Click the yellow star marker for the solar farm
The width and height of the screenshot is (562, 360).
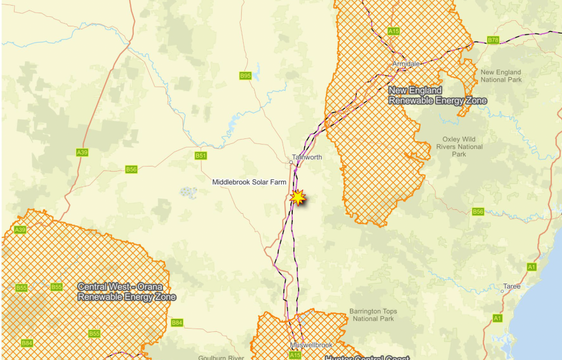pos(297,197)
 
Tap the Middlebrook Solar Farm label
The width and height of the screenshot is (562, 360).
pos(249,182)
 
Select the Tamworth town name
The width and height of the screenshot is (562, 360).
pos(307,157)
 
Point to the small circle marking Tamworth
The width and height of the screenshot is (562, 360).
pos(291,163)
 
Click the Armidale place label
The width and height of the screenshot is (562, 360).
pos(406,64)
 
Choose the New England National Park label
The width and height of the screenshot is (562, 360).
pos(501,76)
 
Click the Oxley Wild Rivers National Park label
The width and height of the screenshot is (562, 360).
pos(459,147)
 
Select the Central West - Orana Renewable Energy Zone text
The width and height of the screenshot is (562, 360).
pos(126,292)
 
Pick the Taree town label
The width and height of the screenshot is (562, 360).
pos(512,286)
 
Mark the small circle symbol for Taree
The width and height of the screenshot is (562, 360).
pos(502,291)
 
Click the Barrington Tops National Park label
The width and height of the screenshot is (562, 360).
pos(373,315)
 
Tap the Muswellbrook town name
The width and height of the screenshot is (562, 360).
pos(311,345)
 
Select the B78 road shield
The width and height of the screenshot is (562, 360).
pos(493,40)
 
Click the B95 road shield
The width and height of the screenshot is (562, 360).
pos(245,75)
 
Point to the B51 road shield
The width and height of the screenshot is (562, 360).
pos(201,156)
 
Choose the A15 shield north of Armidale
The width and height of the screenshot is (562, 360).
pos(393,31)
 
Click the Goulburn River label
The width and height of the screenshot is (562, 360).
pos(221,357)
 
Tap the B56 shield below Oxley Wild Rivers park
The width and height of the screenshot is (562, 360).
pos(478,211)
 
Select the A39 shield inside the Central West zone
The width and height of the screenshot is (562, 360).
pos(20,229)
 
